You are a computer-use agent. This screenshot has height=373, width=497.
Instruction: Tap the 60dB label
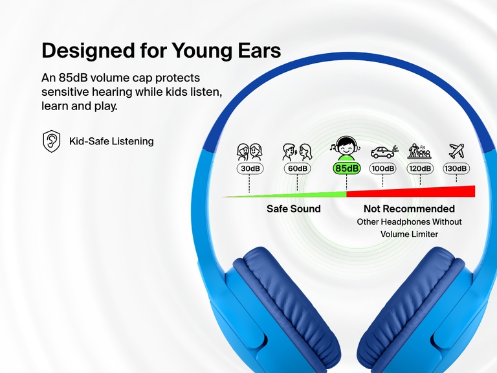pos(297,169)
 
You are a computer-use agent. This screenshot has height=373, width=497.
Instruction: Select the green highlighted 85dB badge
pos(346,169)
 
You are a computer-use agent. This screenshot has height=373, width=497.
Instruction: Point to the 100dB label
pos(382,169)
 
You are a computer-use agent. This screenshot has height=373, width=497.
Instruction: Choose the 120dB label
pos(419,169)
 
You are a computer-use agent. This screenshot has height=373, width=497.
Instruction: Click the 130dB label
pos(456,169)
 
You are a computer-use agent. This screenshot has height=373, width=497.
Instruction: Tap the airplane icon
pos(457,152)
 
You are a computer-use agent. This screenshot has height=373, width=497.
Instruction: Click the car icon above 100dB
pos(382,153)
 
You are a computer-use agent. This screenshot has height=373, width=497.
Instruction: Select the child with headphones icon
pos(346,148)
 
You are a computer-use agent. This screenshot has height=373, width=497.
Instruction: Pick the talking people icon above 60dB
pos(297,152)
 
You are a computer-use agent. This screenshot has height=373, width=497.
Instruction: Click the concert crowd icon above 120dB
pos(419,152)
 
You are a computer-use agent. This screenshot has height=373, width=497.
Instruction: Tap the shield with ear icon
pos(52,141)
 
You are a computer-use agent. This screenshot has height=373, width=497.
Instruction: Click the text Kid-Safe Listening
pos(111,141)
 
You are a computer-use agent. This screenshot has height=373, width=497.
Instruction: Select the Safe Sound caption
pos(293,209)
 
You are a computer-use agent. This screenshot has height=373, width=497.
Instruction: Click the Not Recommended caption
pos(409,209)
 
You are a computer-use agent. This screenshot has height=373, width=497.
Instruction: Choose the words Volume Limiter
pos(409,234)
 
